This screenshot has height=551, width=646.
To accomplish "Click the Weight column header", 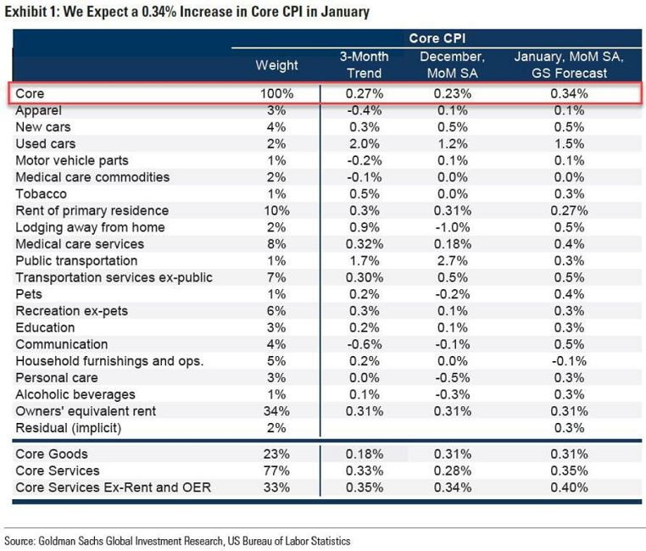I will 276,65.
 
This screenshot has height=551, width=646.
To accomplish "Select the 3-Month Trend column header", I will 365,64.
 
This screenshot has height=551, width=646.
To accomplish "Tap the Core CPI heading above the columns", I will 437,39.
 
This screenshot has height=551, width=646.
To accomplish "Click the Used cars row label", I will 46,143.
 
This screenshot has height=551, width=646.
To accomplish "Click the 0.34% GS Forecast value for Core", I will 568,93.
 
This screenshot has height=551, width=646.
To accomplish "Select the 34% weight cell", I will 276,411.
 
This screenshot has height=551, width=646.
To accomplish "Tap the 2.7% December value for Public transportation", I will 454,260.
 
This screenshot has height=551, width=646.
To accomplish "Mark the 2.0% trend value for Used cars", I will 365,143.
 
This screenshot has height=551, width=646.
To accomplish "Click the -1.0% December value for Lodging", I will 454,227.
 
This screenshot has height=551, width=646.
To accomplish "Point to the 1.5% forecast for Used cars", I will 568,143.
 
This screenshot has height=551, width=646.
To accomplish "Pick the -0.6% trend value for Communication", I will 365,344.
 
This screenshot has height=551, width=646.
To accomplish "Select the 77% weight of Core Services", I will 276,470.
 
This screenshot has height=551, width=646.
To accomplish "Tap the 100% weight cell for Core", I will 276,93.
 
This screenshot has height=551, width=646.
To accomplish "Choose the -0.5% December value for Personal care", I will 454,377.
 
